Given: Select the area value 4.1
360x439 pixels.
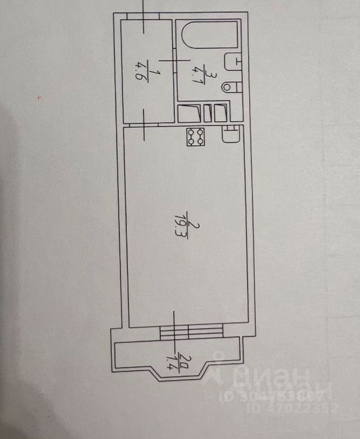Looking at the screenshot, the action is [196, 73].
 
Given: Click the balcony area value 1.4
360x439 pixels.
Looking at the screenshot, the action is [172, 359].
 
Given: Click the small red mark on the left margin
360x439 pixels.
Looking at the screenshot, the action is [39, 98].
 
